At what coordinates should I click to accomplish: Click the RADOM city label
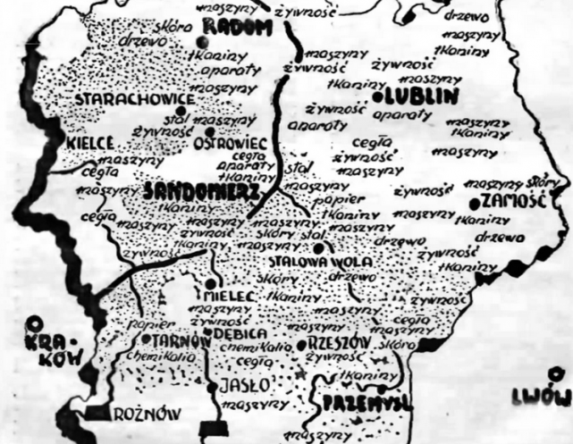click(239, 28)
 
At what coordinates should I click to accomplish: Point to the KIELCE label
click(88, 143)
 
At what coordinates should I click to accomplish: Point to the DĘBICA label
click(237, 333)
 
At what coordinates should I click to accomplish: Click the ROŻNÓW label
click(146, 413)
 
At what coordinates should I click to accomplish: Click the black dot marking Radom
click(205, 41)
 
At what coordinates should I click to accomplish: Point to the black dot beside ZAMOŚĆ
click(474, 202)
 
